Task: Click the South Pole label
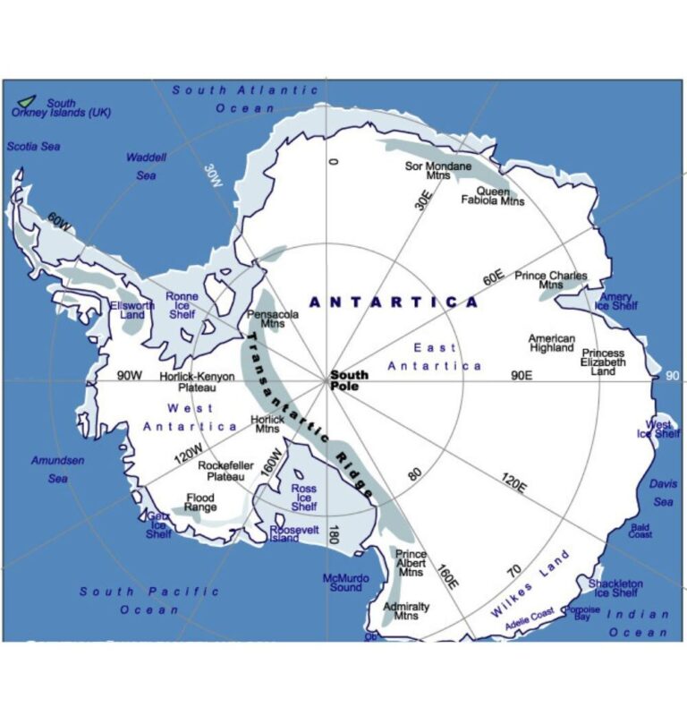(349, 380)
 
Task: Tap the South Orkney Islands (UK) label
(55, 107)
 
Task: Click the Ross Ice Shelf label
(304, 498)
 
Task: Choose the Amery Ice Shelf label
(616, 302)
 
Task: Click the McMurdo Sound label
(345, 583)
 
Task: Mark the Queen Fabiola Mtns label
(493, 196)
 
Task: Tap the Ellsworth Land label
(131, 310)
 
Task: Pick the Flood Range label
(200, 502)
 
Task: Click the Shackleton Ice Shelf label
(615, 588)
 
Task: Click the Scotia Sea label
(33, 146)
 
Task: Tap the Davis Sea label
(663, 492)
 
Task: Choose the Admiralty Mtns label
(406, 611)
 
